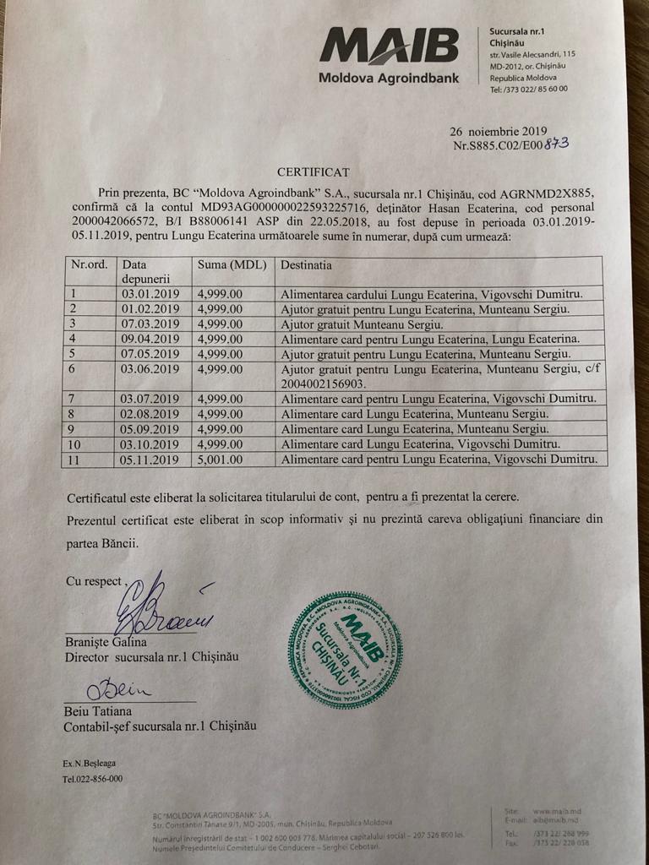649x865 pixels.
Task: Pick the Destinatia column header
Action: [306, 264]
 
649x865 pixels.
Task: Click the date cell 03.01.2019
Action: [150, 294]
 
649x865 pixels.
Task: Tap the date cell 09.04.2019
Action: [150, 338]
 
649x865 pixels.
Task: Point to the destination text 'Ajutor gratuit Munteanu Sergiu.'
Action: [363, 324]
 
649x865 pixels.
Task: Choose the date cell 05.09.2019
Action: [150, 429]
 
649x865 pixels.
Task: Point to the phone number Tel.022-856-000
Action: [92, 779]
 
